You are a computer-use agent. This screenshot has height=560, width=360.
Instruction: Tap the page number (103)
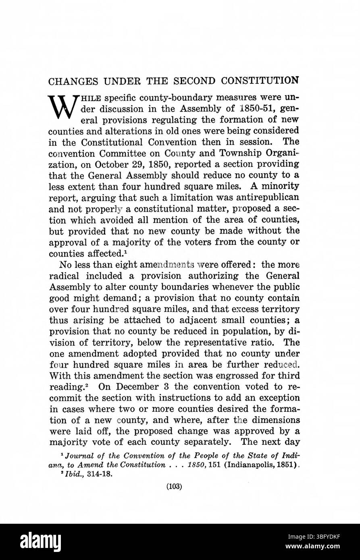pyautogui.click(x=174, y=487)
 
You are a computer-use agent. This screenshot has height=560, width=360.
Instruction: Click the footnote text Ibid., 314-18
pyautogui.click(x=88, y=474)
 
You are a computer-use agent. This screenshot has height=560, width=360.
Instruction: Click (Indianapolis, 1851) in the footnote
pyautogui.click(x=264, y=465)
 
